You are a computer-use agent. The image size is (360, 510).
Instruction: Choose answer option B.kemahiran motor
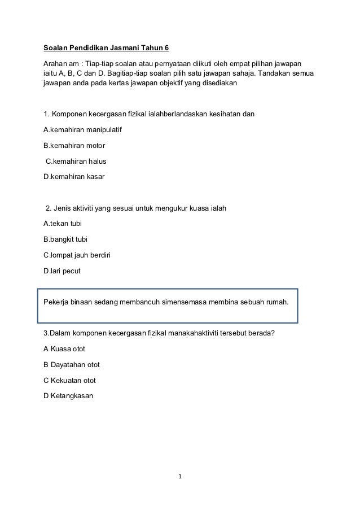(74, 146)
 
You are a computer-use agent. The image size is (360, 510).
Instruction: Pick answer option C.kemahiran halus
(76, 162)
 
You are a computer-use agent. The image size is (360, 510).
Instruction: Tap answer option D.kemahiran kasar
(74, 177)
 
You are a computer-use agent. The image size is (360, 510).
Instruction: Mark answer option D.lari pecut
(62, 271)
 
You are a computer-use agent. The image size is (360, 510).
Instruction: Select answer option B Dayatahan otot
(72, 364)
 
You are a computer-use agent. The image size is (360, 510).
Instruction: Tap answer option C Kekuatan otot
(69, 380)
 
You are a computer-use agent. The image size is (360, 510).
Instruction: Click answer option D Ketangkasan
(68, 395)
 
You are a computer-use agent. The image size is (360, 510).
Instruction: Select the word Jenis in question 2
(64, 208)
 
